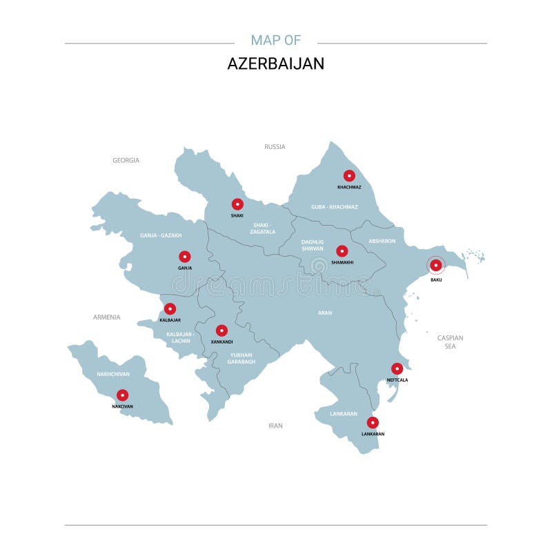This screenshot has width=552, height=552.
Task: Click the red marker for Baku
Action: (435, 265)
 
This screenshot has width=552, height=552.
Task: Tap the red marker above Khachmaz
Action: (349, 175)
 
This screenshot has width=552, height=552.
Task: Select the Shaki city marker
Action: (237, 204)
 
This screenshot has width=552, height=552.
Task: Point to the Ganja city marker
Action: (185, 256)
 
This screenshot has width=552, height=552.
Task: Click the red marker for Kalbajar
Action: (170, 308)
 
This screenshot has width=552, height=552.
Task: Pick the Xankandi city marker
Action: (221, 331)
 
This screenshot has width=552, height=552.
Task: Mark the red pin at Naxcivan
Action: (122, 395)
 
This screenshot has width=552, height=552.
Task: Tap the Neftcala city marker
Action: (397, 368)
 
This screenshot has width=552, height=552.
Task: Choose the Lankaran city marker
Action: (373, 422)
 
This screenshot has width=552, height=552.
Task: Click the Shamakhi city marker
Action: (342, 250)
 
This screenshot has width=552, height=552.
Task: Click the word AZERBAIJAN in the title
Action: (276, 63)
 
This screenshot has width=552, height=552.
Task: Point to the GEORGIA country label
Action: (126, 160)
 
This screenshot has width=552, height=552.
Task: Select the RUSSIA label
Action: (275, 146)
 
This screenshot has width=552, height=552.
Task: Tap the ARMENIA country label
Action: (107, 317)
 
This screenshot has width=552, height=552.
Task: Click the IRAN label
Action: (275, 426)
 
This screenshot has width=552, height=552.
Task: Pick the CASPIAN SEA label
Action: (450, 342)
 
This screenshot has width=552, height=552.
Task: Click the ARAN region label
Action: (325, 313)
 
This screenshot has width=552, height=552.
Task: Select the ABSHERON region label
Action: (382, 241)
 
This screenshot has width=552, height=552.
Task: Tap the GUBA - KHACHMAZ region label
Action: (335, 207)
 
